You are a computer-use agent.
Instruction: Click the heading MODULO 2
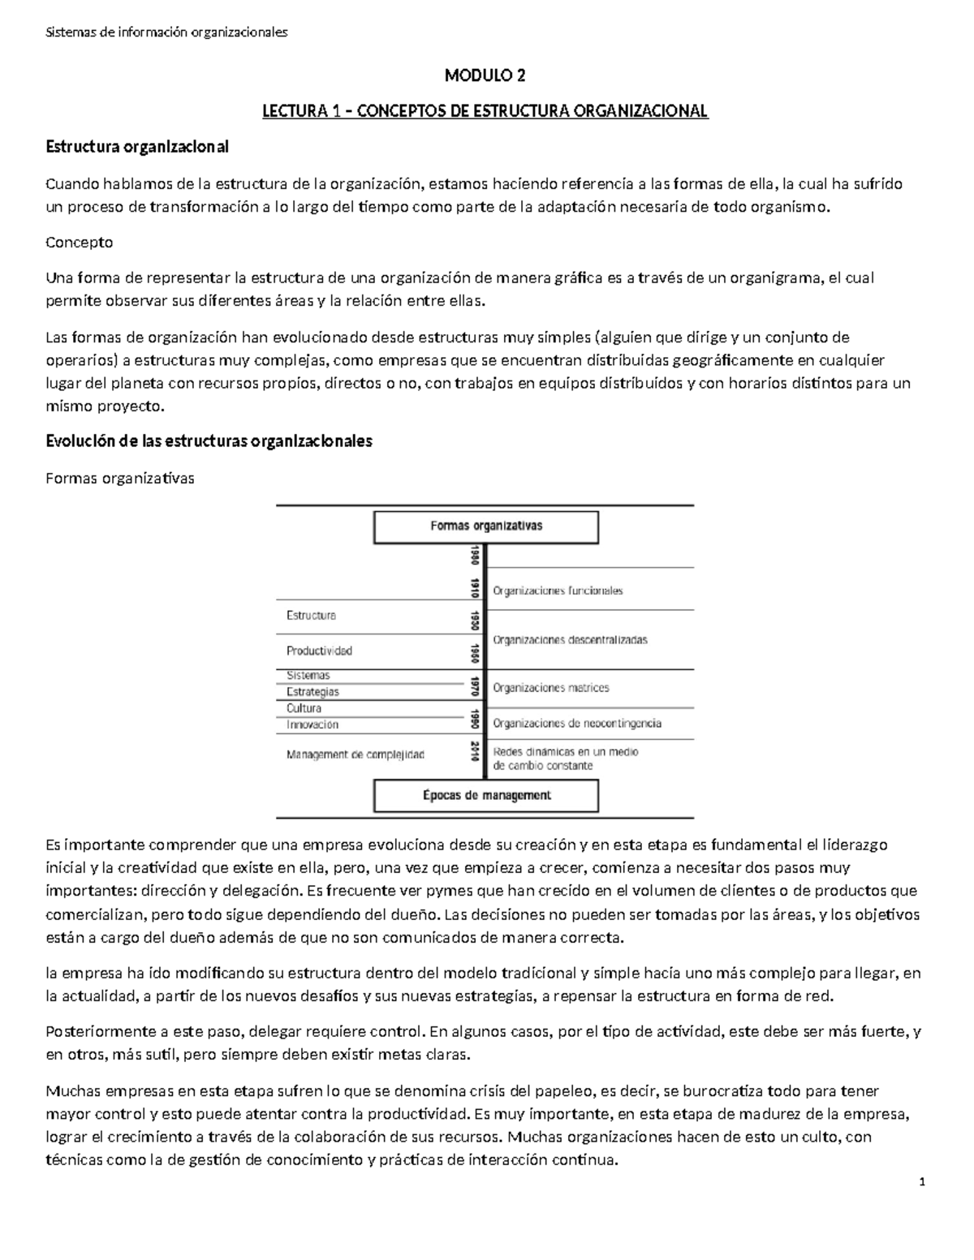(485, 76)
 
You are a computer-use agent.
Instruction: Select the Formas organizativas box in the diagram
(485, 526)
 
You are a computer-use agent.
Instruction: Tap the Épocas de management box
(485, 796)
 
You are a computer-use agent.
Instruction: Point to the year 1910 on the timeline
(474, 588)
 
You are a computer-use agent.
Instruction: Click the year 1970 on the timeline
(474, 688)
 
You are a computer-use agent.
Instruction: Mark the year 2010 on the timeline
(474, 751)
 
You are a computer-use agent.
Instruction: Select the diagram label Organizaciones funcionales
(558, 591)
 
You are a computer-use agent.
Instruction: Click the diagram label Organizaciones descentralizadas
(570, 640)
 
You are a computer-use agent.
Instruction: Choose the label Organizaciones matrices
(550, 688)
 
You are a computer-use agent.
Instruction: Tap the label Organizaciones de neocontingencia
(577, 723)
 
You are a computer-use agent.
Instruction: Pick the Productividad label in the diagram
(319, 651)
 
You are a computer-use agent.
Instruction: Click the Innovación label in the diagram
(312, 725)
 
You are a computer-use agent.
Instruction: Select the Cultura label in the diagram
(304, 708)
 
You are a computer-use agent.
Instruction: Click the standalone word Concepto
(80, 243)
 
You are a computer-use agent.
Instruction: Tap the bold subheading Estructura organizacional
(137, 147)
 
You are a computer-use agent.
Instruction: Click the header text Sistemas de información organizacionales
(166, 32)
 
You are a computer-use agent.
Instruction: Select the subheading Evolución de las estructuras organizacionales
(209, 441)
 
